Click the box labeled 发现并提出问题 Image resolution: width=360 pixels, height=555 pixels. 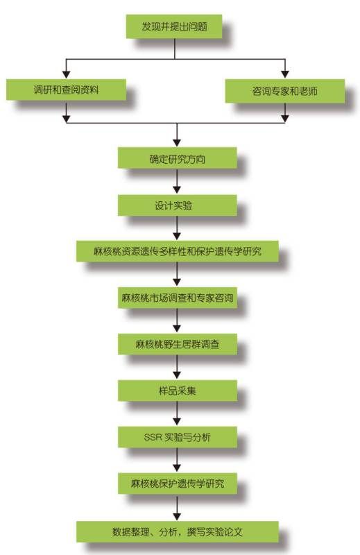[x=174, y=26]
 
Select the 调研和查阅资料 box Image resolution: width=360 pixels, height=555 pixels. [x=66, y=89]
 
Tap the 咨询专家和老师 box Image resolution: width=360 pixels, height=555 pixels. [x=284, y=91]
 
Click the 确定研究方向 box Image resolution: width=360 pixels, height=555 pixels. [x=177, y=158]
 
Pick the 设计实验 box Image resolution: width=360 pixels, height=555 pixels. [x=177, y=205]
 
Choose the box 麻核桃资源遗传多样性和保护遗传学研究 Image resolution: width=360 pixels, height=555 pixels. [x=177, y=251]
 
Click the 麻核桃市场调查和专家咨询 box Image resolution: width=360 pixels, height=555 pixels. [x=177, y=298]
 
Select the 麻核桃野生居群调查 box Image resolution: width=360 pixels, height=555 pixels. [x=177, y=344]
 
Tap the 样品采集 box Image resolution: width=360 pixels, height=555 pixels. [x=177, y=391]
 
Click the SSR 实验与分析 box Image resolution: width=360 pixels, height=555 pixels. [x=177, y=437]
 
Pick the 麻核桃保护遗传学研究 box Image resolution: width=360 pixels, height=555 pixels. [x=177, y=484]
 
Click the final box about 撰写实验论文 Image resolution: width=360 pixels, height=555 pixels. [x=177, y=531]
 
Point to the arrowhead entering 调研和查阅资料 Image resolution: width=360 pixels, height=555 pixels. [x=66, y=74]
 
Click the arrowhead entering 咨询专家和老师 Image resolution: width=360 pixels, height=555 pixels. [x=285, y=74]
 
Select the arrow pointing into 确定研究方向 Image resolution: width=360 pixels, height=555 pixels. [x=177, y=135]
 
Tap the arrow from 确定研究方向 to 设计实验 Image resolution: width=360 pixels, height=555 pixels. [x=177, y=181]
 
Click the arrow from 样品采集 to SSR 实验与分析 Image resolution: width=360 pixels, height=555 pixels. [x=177, y=413]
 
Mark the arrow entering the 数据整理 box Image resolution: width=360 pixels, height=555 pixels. [x=177, y=507]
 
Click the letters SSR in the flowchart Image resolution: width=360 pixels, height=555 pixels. [x=153, y=438]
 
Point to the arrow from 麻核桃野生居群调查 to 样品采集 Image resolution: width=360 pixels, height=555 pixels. [x=177, y=367]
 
